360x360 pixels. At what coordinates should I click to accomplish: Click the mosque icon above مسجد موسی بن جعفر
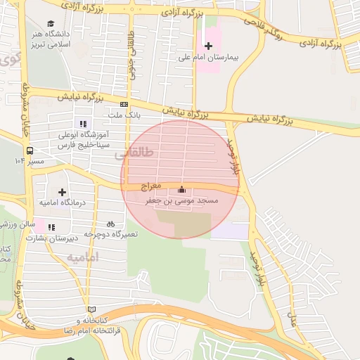[x=181, y=189]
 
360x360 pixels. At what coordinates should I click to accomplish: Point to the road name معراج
[x=150, y=186]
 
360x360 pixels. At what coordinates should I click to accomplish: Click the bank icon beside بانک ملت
[x=124, y=104]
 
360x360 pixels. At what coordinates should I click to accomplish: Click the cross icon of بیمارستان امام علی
[x=208, y=46]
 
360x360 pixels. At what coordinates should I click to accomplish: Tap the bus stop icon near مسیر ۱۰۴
[x=30, y=150]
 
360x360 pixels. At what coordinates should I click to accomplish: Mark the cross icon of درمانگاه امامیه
[x=63, y=191]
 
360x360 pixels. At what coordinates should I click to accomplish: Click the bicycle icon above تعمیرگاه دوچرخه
[x=110, y=223]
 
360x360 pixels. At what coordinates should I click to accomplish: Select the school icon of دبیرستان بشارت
[x=51, y=226]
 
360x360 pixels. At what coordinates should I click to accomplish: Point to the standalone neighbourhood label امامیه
[x=83, y=257]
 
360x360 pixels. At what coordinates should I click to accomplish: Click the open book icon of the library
[x=91, y=309]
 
